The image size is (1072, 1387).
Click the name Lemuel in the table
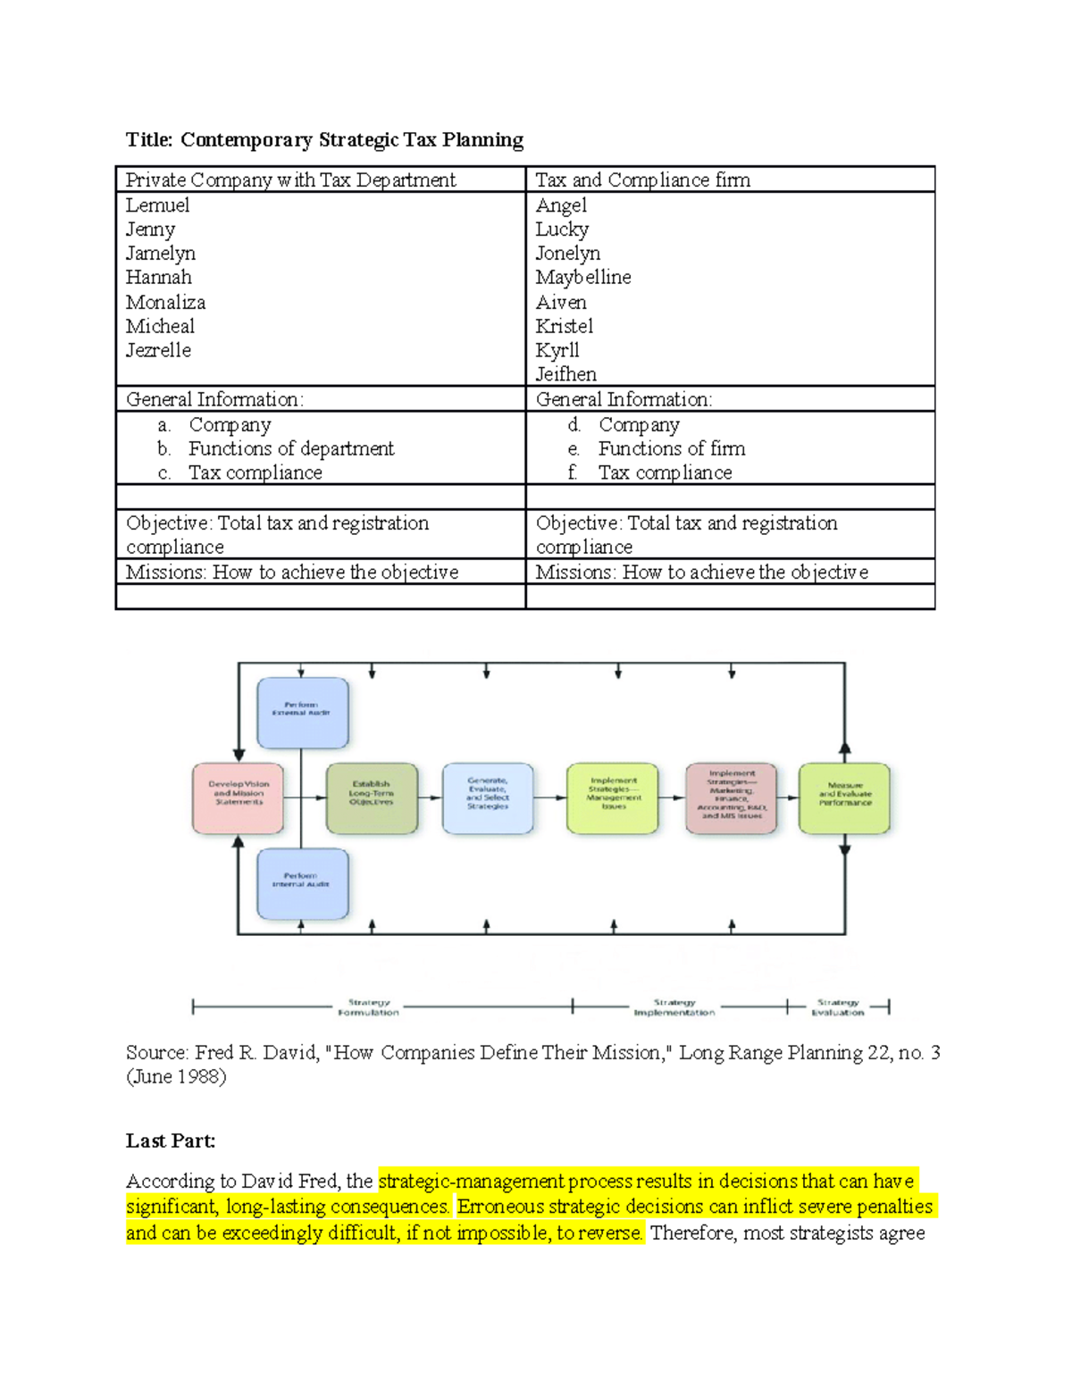157,205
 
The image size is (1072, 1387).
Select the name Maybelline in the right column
582,278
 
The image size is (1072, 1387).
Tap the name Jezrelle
158,350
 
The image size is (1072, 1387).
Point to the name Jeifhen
565,374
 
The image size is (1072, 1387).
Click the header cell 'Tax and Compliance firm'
642,180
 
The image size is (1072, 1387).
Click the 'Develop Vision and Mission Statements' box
239,798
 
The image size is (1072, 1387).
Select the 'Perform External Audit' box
302,712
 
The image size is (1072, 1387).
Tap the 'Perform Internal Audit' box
302,882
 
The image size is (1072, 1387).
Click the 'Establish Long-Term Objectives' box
372,798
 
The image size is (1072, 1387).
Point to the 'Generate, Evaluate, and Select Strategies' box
488,798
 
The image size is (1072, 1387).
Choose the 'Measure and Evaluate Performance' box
844,798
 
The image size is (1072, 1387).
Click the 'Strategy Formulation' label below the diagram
368,1007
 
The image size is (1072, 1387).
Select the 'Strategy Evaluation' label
838,1007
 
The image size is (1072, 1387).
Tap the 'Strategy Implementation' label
674,1007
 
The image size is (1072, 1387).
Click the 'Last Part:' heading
170,1141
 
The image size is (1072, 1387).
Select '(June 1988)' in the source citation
176,1076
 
